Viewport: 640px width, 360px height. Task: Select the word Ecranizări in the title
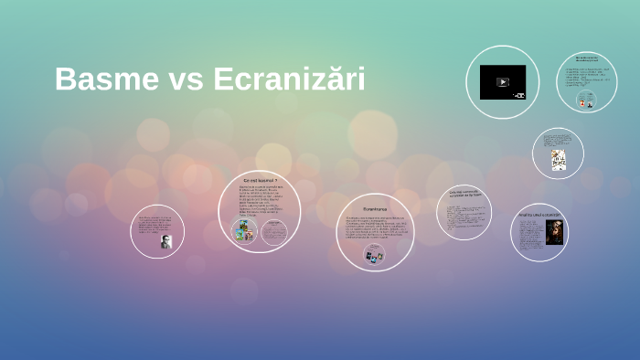coord(289,79)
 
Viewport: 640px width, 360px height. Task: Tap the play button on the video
coord(502,82)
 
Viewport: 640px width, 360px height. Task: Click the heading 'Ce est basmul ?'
coord(260,181)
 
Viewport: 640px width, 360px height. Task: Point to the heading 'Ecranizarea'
coord(375,209)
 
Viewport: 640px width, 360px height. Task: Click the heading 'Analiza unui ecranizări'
coord(539,215)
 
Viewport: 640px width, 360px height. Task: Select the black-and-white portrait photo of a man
coord(165,241)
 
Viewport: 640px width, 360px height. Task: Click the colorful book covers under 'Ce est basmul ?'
coord(243,231)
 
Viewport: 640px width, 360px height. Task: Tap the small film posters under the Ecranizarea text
coord(374,256)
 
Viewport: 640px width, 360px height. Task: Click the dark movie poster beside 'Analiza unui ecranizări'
coord(553,232)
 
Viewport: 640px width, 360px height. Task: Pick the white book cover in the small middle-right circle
coord(559,160)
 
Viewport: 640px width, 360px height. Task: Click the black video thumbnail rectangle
coord(502,82)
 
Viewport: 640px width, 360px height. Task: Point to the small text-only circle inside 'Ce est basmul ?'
coord(274,233)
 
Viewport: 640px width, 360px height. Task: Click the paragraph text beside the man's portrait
coord(155,224)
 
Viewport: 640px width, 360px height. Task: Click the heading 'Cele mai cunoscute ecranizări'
coord(464,193)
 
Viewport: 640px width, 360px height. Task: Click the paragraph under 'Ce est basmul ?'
coord(260,201)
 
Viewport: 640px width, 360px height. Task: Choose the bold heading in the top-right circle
coord(586,59)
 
